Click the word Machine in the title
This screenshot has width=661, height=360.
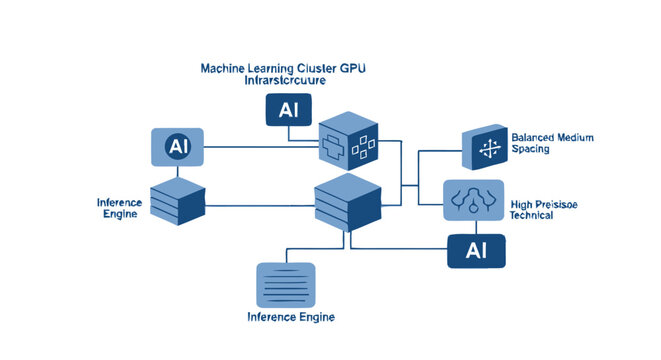(x=224, y=68)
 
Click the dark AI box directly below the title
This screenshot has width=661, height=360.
(x=289, y=109)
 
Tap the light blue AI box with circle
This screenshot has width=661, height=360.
(x=177, y=147)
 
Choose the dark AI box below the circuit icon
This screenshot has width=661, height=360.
(x=476, y=251)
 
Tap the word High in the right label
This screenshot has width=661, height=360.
(x=523, y=203)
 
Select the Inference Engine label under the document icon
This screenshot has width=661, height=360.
(x=290, y=317)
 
